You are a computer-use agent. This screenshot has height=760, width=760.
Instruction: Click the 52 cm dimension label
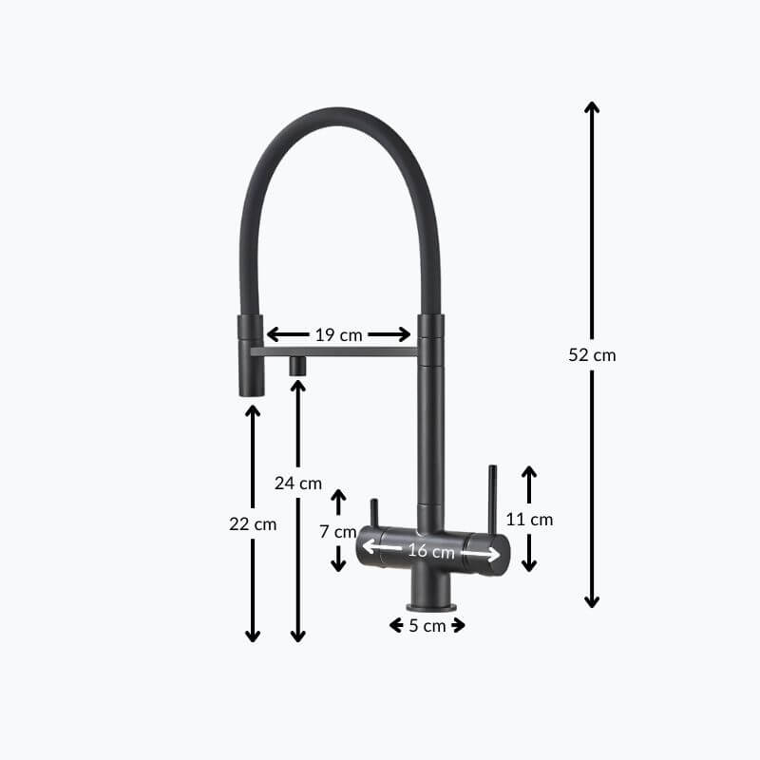coord(592,355)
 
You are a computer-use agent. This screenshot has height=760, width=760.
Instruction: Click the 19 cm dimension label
coord(338,334)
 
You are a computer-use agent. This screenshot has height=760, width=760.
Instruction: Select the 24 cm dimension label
coord(298,483)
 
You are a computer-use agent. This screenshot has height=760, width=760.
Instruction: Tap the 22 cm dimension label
coord(253,523)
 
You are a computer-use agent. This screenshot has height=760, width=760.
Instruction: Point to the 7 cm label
coord(338,531)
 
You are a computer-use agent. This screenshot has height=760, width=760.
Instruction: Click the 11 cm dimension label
coord(529,520)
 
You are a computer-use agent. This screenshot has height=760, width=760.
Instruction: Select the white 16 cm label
coord(430,551)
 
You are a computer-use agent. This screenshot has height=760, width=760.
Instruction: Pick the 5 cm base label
coord(427,625)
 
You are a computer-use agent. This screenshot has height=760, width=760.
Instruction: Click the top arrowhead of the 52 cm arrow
coord(592,107)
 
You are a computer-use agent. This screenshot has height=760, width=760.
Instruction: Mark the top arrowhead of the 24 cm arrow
coord(298,386)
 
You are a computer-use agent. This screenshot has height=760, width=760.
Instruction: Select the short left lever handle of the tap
coord(373,517)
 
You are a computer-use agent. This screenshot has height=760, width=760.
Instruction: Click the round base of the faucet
coord(432,606)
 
